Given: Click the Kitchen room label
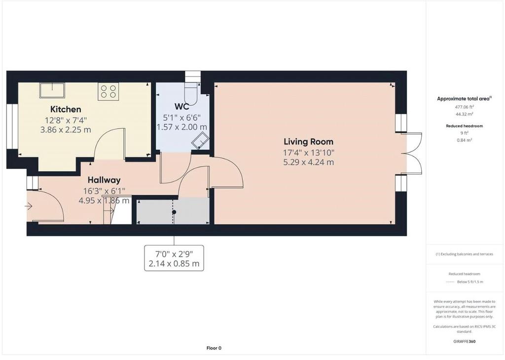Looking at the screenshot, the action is [66, 109].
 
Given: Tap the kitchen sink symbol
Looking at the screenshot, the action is [52, 90].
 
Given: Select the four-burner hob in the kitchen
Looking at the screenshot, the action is [108, 90].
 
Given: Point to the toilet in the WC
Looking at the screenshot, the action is [191, 94].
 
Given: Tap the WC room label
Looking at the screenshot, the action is [181, 107].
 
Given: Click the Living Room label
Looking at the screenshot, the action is [309, 142].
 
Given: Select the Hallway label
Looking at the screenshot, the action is [104, 180].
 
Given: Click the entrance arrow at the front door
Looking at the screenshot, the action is [29, 206].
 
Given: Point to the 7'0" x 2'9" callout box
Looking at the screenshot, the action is [174, 258].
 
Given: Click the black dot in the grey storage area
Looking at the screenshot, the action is [174, 212].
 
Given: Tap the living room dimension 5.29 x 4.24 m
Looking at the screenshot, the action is [309, 162].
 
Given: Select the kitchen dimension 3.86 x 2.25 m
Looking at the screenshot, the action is [66, 130].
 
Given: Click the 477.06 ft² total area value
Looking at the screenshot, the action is [464, 107].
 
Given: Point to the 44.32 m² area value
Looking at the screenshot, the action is [464, 114].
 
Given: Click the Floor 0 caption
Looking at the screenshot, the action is [214, 348].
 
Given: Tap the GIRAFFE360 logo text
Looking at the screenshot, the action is [464, 341].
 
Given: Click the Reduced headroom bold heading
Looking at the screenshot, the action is [464, 126].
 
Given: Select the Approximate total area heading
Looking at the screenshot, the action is [464, 99].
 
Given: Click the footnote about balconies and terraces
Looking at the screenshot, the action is [464, 254].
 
